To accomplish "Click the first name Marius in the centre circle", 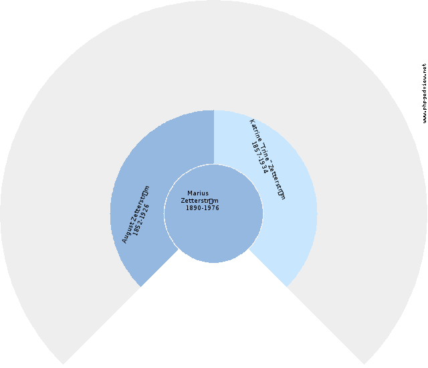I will [198, 193].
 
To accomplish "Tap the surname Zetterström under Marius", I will [200, 201].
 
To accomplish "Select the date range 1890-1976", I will [203, 208].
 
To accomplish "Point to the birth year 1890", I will [195, 208].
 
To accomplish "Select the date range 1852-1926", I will [142, 218].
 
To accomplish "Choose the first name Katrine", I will [256, 131].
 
